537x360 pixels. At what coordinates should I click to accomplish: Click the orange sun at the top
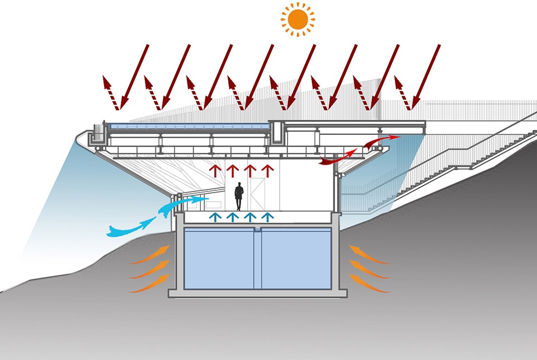coord(297,19)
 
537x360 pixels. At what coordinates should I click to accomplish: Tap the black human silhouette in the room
coord(239,196)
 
